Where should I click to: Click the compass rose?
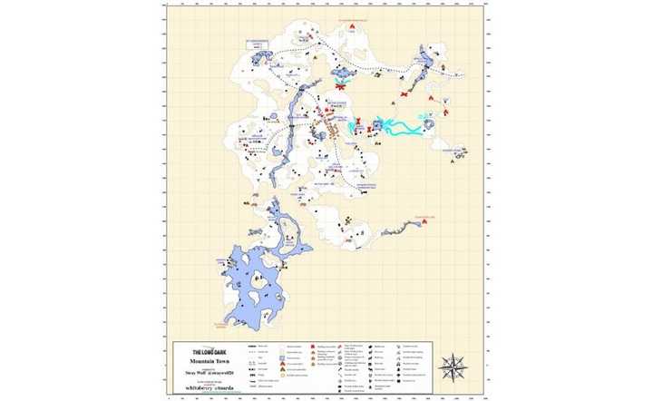click(x=453, y=367)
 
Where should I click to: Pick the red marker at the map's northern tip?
click(x=352, y=25)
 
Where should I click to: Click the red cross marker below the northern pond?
click(x=341, y=87)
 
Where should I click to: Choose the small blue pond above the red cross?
click(x=344, y=73)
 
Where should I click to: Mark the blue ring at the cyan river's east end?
click(x=430, y=122)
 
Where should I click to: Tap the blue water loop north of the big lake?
click(x=281, y=227)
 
